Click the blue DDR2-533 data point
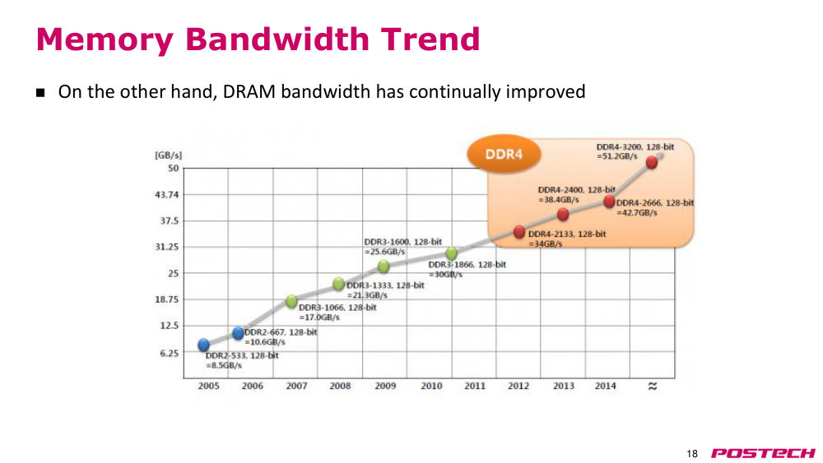click(203, 345)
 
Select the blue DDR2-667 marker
click(239, 332)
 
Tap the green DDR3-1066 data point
click(292, 301)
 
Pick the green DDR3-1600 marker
click(384, 266)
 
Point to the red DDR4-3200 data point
click(651, 162)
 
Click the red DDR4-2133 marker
click(519, 232)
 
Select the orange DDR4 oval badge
click(504, 154)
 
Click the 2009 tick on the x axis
click(385, 386)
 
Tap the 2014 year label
click(605, 386)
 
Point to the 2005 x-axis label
click(208, 386)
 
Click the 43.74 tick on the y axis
click(167, 195)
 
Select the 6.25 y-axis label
click(169, 353)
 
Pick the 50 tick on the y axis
click(173, 169)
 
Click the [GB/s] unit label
click(168, 155)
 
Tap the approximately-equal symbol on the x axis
click(653, 386)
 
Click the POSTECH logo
click(763, 453)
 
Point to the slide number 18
click(692, 454)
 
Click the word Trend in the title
click(430, 39)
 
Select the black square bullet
click(40, 93)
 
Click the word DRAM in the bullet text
click(249, 92)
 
